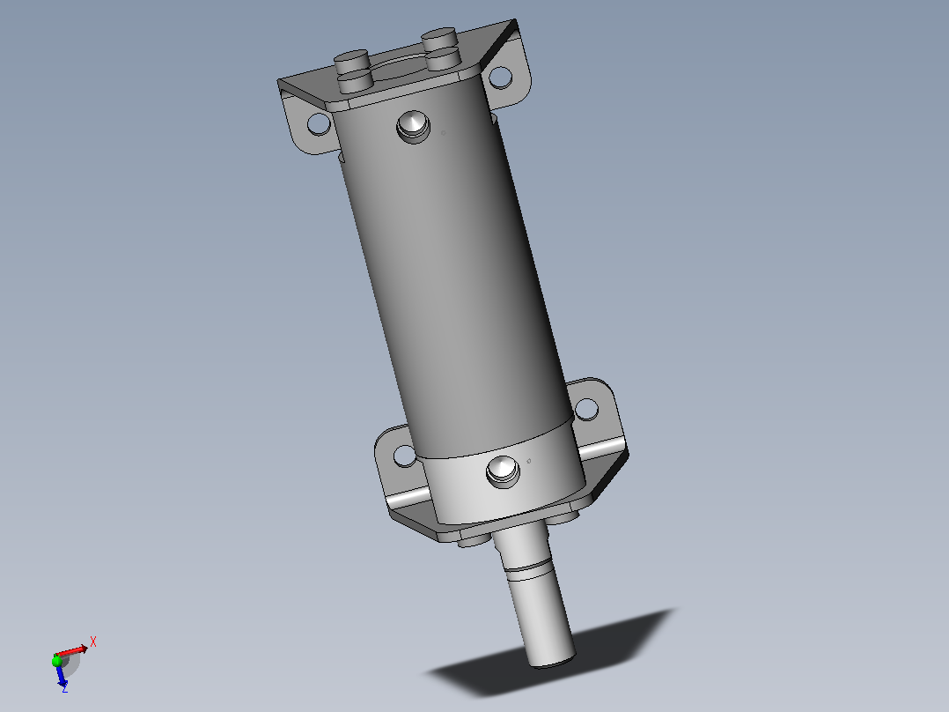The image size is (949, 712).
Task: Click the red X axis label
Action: pos(93,642)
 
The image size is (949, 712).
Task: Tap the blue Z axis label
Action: pos(64,688)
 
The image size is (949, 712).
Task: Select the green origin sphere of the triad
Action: pos(57,662)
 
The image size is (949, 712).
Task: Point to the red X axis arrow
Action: pos(72,652)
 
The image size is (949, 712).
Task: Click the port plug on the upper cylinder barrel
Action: pos(414,127)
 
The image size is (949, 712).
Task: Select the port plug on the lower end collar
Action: pos(503,471)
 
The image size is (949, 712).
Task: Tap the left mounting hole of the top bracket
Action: pos(319,123)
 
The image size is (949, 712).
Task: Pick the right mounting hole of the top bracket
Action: pos(500,77)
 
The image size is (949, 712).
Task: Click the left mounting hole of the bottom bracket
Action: pos(405,456)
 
